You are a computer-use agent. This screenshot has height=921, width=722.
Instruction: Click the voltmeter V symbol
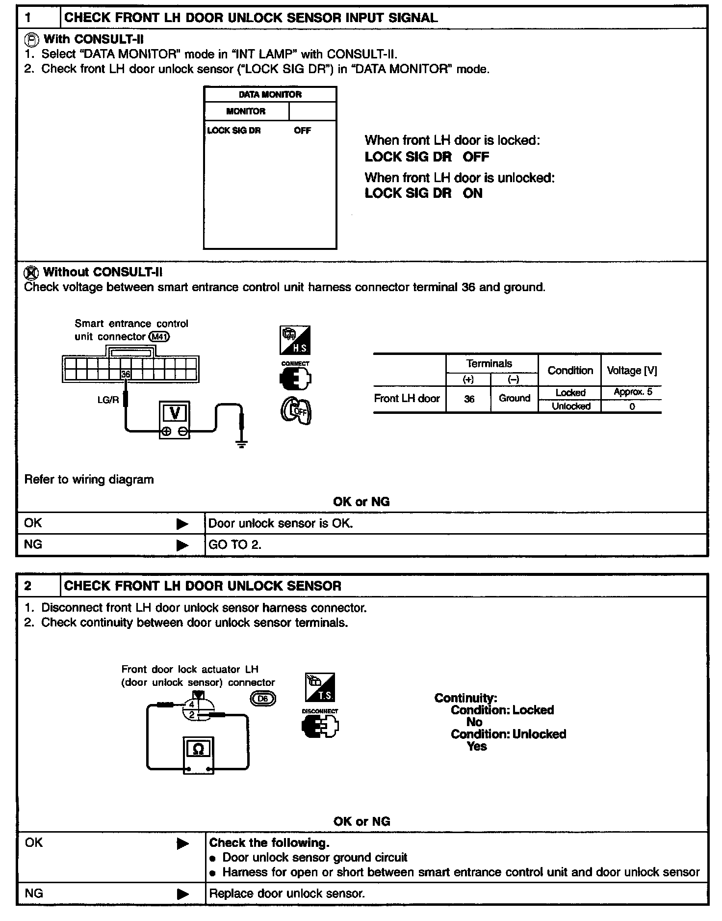tap(175, 413)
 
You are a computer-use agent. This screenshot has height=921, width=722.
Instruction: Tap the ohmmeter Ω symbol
tap(199, 749)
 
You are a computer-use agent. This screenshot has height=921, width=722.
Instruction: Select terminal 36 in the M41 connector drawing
tap(126, 374)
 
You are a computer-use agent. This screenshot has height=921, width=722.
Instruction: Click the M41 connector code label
tap(159, 337)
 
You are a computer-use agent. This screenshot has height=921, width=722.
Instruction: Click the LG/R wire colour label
tap(108, 400)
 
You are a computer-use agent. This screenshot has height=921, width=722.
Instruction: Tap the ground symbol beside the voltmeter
tap(241, 444)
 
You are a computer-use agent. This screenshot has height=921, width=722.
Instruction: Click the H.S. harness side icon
tap(295, 340)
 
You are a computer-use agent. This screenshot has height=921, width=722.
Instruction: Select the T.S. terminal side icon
tap(320, 687)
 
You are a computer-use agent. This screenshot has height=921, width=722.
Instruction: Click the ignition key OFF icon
tap(296, 411)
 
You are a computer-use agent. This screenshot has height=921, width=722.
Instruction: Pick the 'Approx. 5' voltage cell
tap(633, 392)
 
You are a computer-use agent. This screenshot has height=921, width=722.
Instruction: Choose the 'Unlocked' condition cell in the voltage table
tap(571, 406)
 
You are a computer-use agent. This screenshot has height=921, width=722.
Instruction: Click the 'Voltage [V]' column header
tap(632, 371)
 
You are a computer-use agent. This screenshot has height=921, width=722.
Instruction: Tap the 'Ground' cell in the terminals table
tap(515, 398)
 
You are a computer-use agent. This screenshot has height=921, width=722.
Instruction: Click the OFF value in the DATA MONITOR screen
tap(302, 131)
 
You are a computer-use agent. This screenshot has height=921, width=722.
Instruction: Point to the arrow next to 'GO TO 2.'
tap(182, 545)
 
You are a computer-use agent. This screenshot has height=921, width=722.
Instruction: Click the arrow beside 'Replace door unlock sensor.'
tap(182, 894)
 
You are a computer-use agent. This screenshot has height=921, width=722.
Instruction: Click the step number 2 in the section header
tap(28, 586)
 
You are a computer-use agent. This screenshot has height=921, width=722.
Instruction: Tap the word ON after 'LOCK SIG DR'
tap(473, 193)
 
